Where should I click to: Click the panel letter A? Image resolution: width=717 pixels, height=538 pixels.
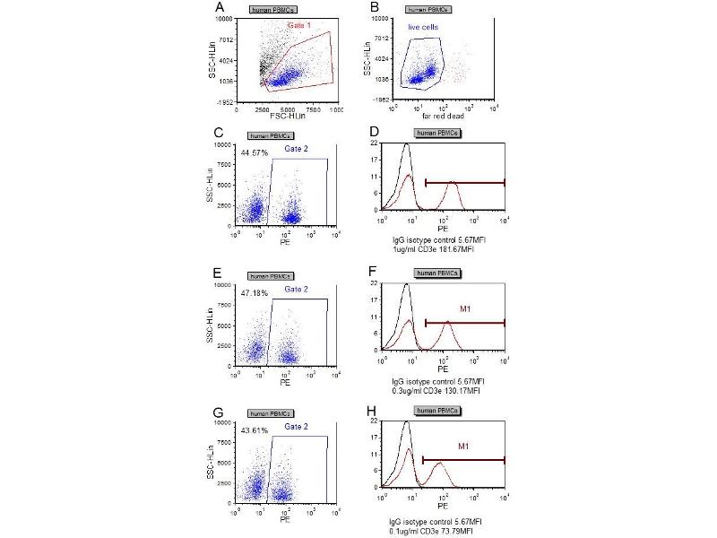219,9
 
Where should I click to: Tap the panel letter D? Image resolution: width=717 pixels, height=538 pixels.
371,132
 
